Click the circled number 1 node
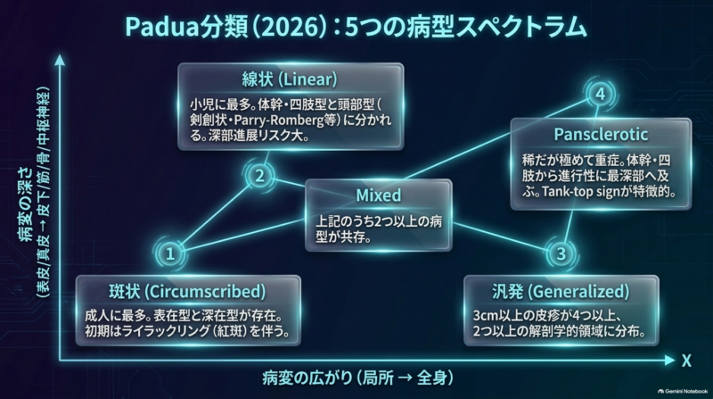tap(170, 254)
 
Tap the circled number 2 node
tap(259, 176)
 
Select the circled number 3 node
tap(561, 254)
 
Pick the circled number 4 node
tap(600, 94)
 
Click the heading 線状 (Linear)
tap(290, 79)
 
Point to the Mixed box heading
tap(378, 195)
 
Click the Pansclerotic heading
tap(601, 135)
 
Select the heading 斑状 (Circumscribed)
tap(187, 292)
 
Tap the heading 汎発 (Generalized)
tap(561, 292)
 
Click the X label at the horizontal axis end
tap(686, 361)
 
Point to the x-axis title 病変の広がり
tap(307, 378)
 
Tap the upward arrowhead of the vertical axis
tap(60, 60)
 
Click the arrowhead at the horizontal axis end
tap(670, 361)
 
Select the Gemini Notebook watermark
tap(683, 391)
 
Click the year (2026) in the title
tap(291, 28)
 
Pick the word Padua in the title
tap(162, 28)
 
